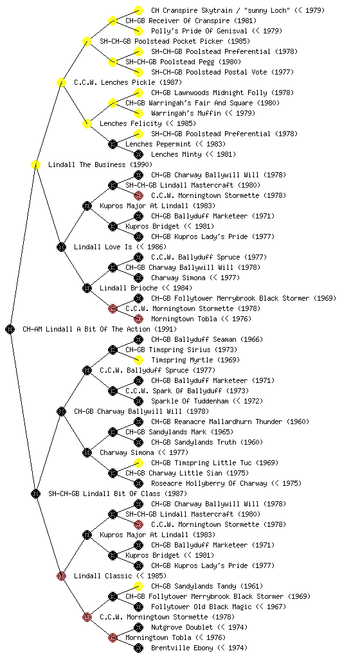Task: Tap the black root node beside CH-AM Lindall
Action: [x=10, y=329]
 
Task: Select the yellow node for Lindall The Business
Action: [x=35, y=164]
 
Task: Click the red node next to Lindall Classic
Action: [x=61, y=576]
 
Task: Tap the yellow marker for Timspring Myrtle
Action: [x=138, y=360]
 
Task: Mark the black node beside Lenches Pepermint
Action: [x=113, y=144]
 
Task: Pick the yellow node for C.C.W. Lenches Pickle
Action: [x=61, y=82]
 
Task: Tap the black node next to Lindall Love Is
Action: [x=61, y=247]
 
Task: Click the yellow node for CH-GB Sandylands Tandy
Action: [x=138, y=586]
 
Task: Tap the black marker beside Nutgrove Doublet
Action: [x=138, y=627]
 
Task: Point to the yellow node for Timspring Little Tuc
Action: [x=138, y=463]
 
